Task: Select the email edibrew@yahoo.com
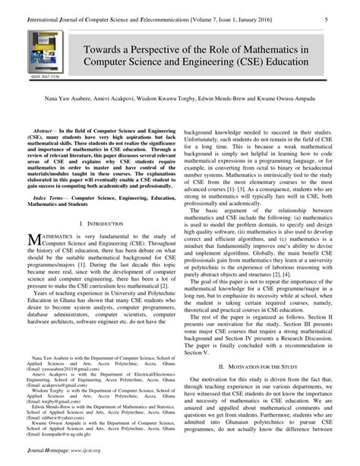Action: click(x=57, y=439)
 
